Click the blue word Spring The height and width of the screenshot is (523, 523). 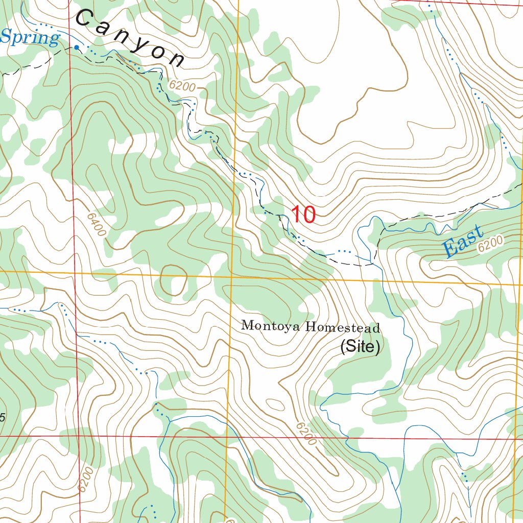tap(30, 38)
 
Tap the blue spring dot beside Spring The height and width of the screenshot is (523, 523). tap(77, 47)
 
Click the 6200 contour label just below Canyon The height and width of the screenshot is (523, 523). tap(182, 87)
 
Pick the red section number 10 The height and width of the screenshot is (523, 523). tap(303, 215)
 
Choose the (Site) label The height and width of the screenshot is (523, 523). tap(360, 347)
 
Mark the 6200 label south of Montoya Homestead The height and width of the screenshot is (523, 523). tap(305, 433)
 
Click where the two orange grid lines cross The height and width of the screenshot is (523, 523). tap(231, 276)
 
